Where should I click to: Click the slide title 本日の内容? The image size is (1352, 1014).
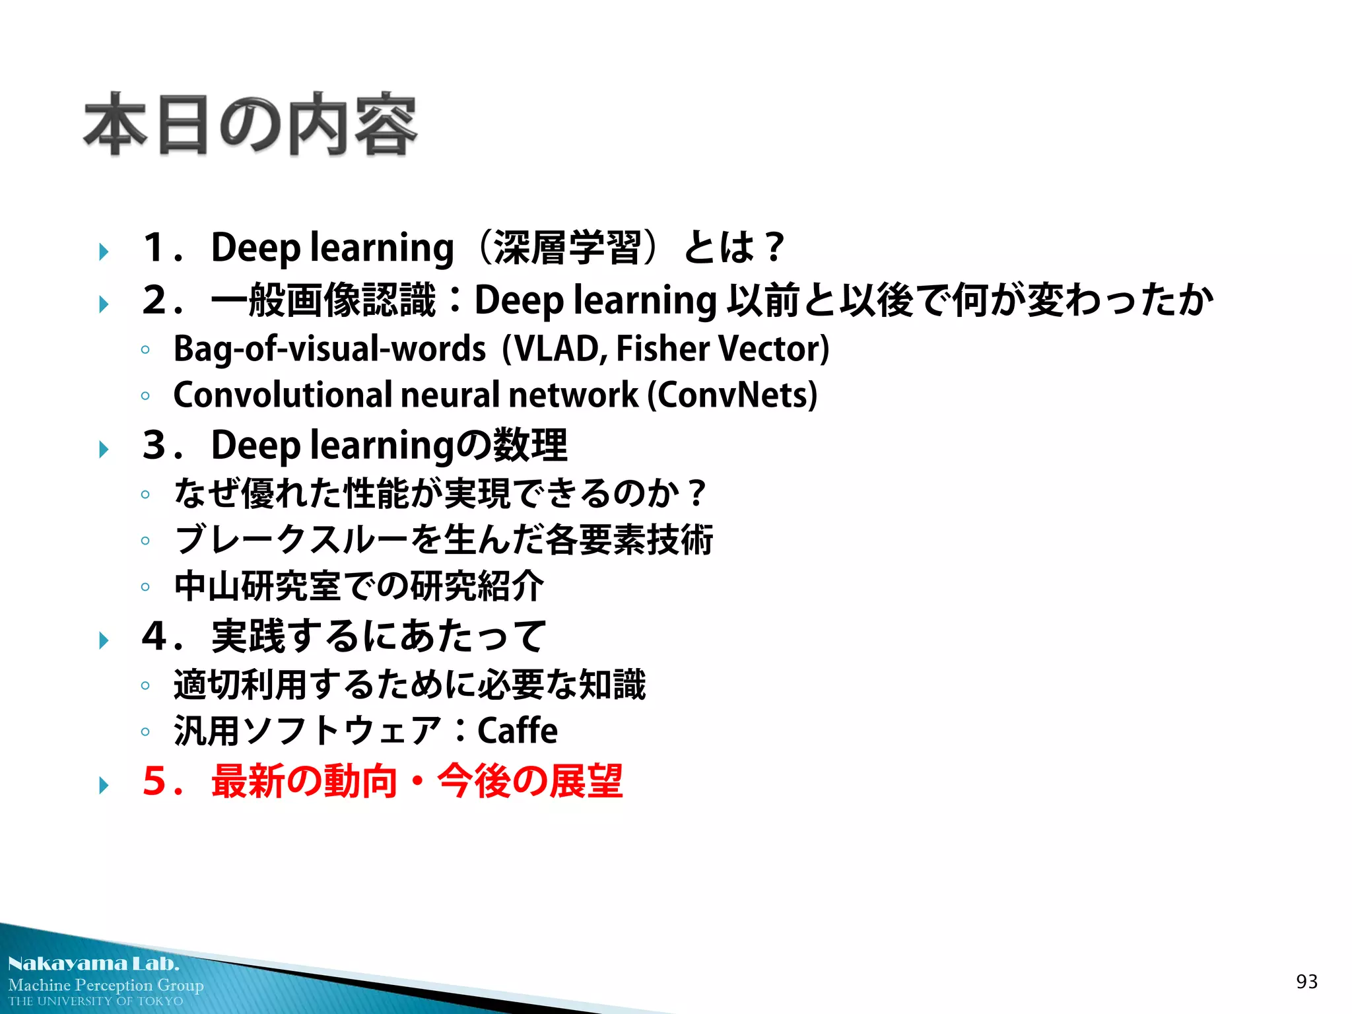click(250, 125)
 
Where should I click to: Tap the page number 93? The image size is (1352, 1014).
click(1306, 982)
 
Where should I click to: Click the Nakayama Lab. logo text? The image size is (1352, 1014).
click(94, 964)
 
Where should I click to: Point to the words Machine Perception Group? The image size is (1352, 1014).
click(106, 985)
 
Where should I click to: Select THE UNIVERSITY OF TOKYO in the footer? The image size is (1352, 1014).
click(96, 1001)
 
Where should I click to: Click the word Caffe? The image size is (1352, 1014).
click(517, 731)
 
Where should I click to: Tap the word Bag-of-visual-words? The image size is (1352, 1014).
click(329, 349)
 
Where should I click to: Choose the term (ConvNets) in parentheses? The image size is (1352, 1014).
click(732, 395)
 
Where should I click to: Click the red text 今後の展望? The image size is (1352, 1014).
click(530, 781)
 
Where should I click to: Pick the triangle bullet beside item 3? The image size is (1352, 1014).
click(104, 450)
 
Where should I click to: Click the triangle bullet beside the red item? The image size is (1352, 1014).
click(104, 786)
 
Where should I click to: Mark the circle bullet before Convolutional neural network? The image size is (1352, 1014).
click(145, 396)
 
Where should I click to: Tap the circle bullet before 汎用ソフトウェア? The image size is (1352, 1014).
click(145, 731)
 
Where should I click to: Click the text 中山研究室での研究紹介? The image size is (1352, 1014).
click(358, 586)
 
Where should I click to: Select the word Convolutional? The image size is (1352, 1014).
click(283, 395)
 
